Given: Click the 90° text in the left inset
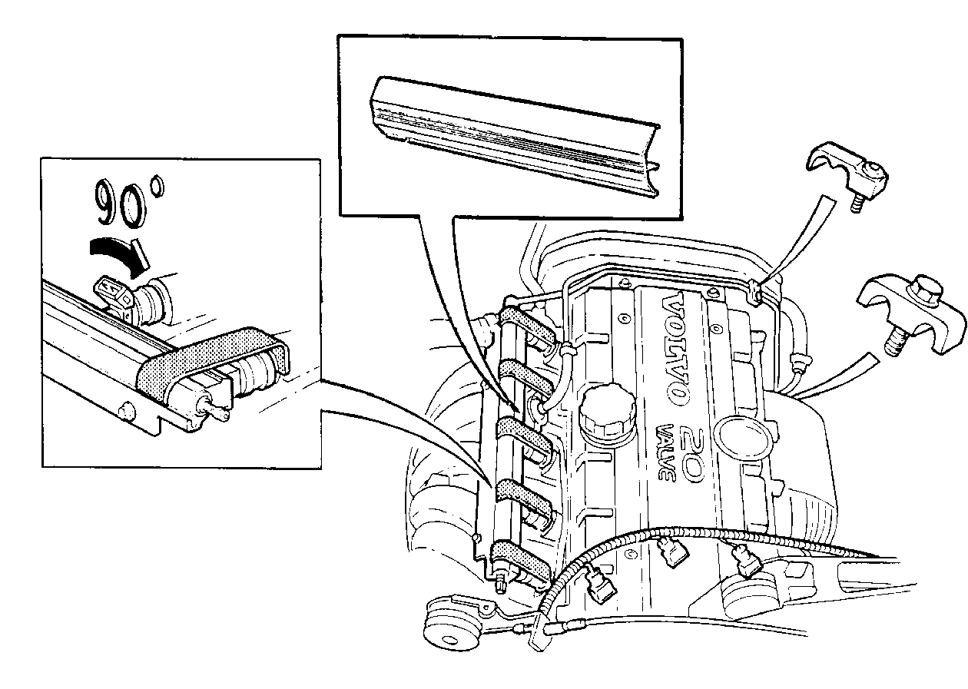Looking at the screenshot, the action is click(x=129, y=203).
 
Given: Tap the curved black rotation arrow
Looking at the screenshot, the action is click(x=119, y=255).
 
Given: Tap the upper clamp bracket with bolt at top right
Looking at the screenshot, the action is click(x=847, y=173).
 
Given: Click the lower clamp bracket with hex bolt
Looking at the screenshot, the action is click(x=912, y=313).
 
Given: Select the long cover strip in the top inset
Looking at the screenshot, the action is click(x=514, y=136).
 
